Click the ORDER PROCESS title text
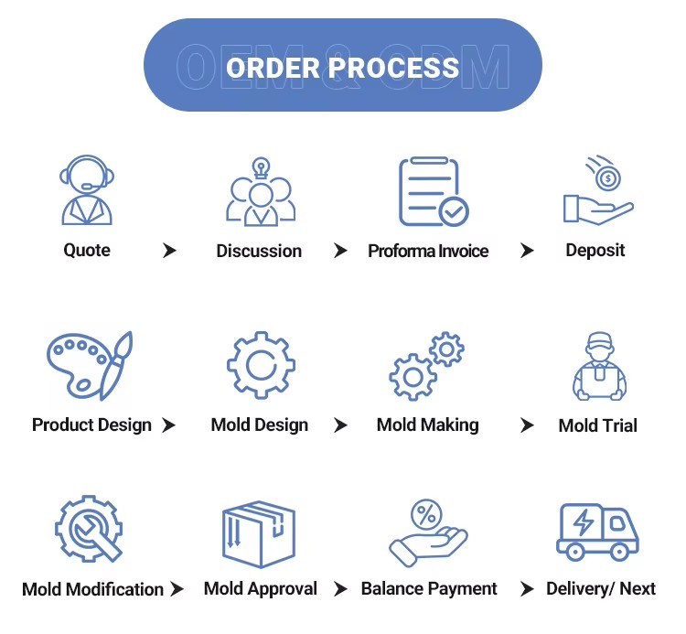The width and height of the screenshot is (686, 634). coord(343,68)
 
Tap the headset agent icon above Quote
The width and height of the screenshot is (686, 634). coord(87,190)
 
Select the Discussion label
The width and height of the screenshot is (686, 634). coord(259,251)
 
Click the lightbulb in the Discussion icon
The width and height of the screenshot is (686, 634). coord(261,167)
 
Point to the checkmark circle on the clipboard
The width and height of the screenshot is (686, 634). coord(454,211)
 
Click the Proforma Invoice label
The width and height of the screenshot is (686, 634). coord(428,251)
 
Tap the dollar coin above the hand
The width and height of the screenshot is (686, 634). coord(608,178)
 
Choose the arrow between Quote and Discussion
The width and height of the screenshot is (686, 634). coord(169,251)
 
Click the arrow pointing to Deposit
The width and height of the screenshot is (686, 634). coord(527,251)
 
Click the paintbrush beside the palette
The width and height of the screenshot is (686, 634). coord(116,366)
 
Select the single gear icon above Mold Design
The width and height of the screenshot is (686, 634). coord(261,365)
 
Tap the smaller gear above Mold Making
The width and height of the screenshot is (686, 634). coord(446,349)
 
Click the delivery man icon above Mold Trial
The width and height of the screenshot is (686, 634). coord(599,366)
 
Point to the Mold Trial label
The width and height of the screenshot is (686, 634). coord(597,425)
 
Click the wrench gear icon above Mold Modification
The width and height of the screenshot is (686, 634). coord(89,529)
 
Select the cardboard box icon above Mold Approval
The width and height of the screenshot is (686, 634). coord(259,534)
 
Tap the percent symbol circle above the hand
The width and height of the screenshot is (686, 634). coord(426,514)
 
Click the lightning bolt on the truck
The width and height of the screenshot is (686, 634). coord(584,522)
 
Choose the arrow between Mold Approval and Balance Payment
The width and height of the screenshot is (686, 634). coord(340,589)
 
